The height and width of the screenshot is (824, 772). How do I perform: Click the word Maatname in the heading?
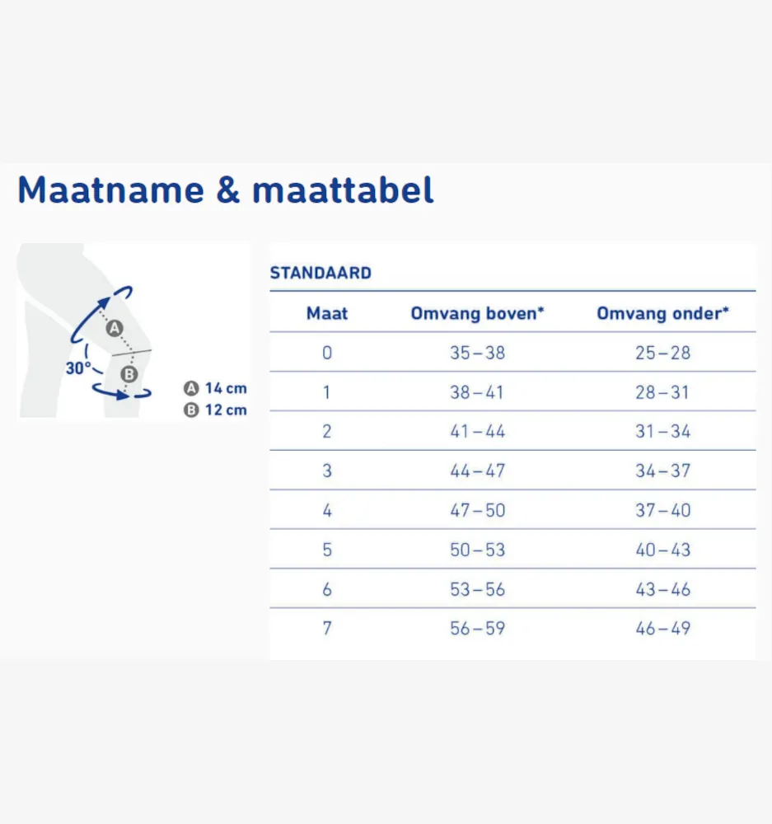coord(111,190)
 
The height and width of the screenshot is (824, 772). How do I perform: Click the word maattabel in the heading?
coord(344,190)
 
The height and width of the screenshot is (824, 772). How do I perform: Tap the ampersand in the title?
coord(228,190)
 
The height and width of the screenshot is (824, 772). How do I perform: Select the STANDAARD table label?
coord(320,273)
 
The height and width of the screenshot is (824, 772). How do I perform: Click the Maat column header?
coord(327,313)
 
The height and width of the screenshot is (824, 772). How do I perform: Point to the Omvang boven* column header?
coord(477,314)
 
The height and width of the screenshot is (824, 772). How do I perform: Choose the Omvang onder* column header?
coord(662,313)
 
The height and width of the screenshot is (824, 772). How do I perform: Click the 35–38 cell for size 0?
coord(477,353)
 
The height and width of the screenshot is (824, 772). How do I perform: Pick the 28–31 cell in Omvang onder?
coord(662,392)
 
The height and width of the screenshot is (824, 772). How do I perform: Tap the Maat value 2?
coord(327,432)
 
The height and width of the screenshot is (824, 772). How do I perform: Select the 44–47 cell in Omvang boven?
coord(477,471)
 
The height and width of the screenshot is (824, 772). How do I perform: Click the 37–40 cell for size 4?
coord(662,510)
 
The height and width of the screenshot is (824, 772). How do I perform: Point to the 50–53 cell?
coord(477,550)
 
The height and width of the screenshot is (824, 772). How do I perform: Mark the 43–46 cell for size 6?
coord(662,589)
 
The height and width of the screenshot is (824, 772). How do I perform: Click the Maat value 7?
coord(327,628)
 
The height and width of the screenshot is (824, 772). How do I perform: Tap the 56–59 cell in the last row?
coord(477,628)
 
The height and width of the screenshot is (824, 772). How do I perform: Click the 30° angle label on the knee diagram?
coord(77,368)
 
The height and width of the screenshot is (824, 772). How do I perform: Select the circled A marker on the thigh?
coord(115,329)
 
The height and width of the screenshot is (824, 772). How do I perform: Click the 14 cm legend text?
coord(226,388)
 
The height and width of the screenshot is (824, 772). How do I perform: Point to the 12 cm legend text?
coord(226,410)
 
